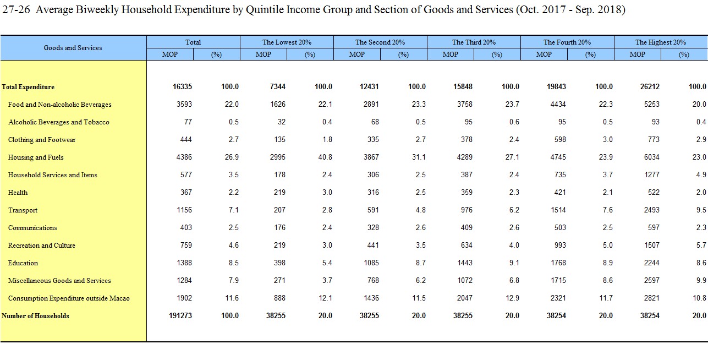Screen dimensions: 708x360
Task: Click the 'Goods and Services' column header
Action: (x=73, y=48)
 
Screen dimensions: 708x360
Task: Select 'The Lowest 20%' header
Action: (x=287, y=42)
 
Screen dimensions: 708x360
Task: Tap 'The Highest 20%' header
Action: (x=661, y=42)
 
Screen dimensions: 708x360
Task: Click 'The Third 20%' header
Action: (x=474, y=42)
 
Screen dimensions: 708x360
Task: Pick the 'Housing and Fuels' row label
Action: (x=36, y=157)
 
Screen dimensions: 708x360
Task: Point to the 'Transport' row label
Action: (x=23, y=210)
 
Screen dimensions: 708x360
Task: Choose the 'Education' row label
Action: (x=23, y=263)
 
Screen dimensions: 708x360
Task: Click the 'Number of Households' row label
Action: (x=35, y=316)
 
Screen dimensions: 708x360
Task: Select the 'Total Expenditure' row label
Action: (x=28, y=87)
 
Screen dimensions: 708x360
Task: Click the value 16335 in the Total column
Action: (x=183, y=86)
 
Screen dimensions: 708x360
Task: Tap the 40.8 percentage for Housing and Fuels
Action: (x=325, y=157)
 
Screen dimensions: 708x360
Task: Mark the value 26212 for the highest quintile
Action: (x=650, y=86)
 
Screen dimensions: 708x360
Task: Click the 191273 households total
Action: (x=180, y=316)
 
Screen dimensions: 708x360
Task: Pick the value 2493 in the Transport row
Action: (x=652, y=210)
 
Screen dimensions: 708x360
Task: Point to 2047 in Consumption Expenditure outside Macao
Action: (x=465, y=298)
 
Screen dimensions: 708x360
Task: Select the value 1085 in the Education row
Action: (x=371, y=263)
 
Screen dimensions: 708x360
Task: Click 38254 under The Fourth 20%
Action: (x=556, y=316)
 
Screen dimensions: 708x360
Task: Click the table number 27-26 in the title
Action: (x=16, y=9)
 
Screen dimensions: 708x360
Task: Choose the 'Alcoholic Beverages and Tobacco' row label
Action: (x=59, y=122)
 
